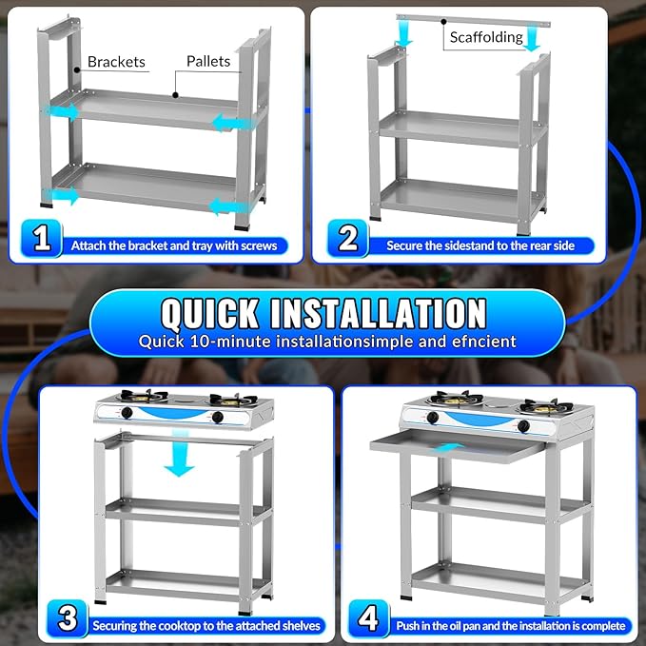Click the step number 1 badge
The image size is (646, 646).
point(41,238)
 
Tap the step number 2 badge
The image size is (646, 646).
point(348,238)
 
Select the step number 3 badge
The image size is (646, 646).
point(68,618)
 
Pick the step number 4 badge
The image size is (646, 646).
point(368,618)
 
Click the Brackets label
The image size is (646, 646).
point(116,62)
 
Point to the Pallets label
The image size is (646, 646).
point(208,62)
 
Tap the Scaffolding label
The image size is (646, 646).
point(486,37)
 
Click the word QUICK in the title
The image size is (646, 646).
point(210,314)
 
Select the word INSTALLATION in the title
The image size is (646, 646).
point(379,314)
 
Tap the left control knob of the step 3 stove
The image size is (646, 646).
point(127,412)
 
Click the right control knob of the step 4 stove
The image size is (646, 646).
point(523,426)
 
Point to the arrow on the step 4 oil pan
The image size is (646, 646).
point(447,448)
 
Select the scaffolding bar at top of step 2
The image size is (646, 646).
point(474,21)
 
